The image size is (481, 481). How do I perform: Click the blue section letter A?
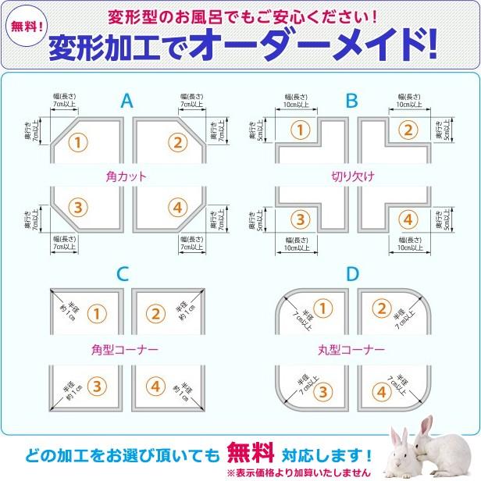click(127, 101)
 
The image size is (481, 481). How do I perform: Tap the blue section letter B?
click(352, 101)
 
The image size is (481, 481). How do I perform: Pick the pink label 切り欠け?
click(352, 177)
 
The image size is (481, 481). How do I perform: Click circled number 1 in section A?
click(77, 141)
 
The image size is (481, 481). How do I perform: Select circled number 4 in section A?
click(177, 208)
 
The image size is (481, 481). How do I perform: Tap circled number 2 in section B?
click(405, 130)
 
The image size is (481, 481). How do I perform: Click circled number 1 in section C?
click(95, 314)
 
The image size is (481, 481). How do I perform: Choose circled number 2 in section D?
click(382, 307)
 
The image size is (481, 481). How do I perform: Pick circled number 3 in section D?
click(325, 390)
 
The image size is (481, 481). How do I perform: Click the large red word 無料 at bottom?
click(251, 453)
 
